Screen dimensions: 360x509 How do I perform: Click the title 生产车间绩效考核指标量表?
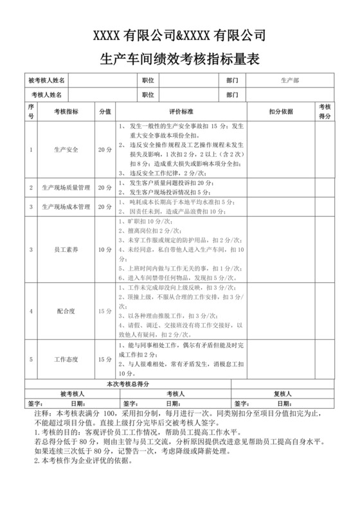[180, 59]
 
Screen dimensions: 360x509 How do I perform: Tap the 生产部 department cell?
[289, 81]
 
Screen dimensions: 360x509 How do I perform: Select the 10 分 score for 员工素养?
[105, 249]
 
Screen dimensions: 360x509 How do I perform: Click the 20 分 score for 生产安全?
[105, 150]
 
